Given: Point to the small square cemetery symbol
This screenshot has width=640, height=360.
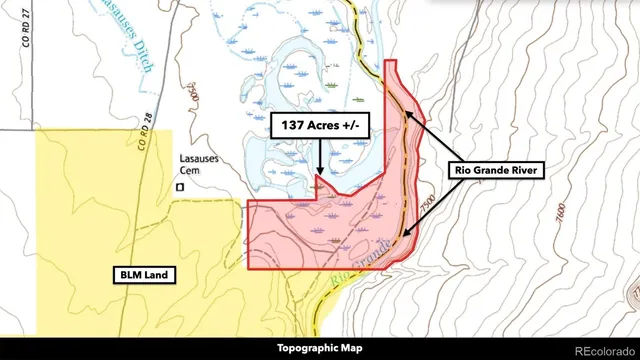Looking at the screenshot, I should click(180, 186).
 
